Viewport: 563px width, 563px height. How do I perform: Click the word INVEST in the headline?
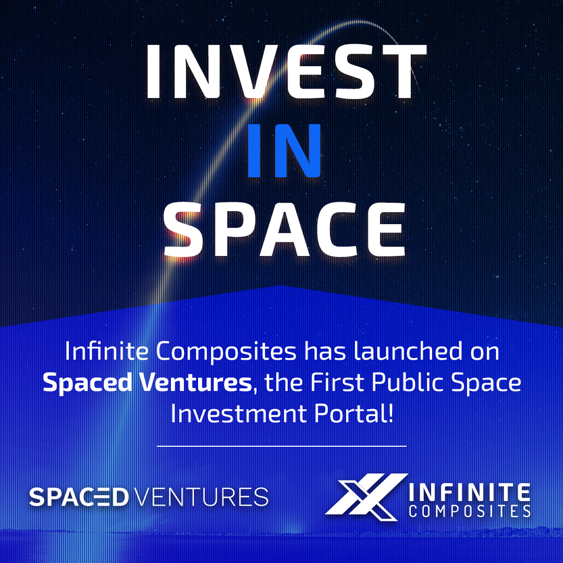286,71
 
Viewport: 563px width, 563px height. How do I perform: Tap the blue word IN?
284,151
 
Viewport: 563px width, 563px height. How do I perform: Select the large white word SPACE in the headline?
285,229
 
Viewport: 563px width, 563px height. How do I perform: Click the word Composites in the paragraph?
226,352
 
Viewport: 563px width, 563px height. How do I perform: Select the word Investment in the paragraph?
239,414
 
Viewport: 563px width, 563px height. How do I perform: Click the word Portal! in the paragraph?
353,413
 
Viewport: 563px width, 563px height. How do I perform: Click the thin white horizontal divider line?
281,446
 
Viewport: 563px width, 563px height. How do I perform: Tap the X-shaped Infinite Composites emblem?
366,497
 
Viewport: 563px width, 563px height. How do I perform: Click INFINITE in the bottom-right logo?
470,493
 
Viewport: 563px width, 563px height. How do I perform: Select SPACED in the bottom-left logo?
79,497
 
